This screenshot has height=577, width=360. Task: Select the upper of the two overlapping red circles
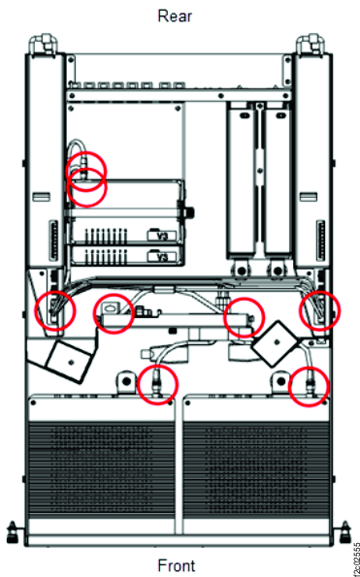[86, 172]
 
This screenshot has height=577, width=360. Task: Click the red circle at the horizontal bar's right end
[245, 316]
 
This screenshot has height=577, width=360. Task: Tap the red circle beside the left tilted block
[113, 313]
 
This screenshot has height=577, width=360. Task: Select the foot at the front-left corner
[13, 530]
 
